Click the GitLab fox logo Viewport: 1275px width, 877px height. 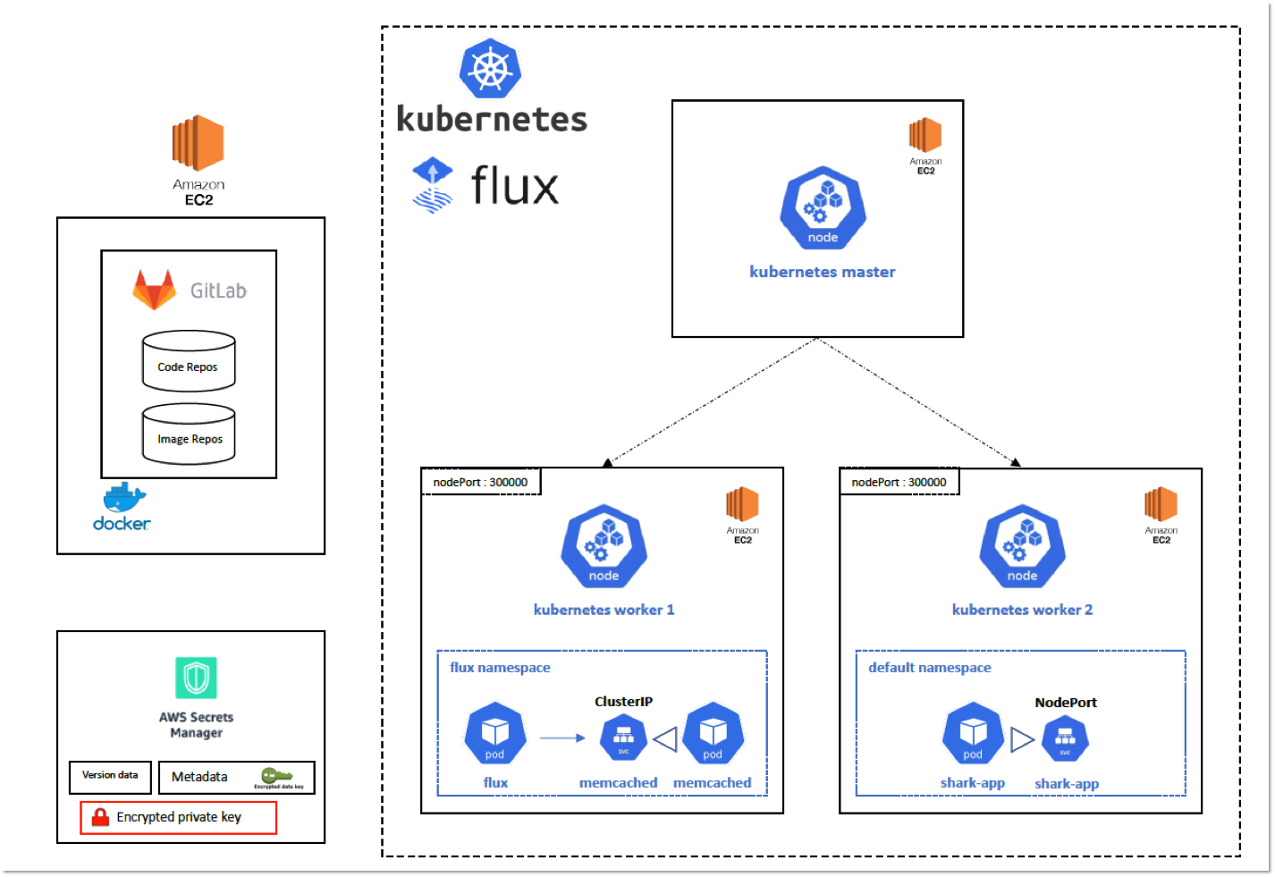pyautogui.click(x=155, y=290)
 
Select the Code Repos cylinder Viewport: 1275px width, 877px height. pyautogui.click(x=189, y=362)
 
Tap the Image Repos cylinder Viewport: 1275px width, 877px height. pyautogui.click(x=189, y=434)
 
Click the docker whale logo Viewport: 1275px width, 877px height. pyautogui.click(x=123, y=498)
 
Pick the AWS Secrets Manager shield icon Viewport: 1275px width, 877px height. pyautogui.click(x=196, y=678)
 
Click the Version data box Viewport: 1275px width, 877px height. pyautogui.click(x=110, y=776)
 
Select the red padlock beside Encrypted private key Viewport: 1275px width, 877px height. pyautogui.click(x=100, y=816)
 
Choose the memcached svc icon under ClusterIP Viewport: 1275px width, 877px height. pyautogui.click(x=623, y=738)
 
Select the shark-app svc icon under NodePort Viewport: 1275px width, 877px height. pyautogui.click(x=1065, y=739)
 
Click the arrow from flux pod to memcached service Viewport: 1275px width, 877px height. pyautogui.click(x=562, y=738)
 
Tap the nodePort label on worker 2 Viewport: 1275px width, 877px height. pyautogui.click(x=899, y=482)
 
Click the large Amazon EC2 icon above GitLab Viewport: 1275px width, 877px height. pyautogui.click(x=198, y=143)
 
